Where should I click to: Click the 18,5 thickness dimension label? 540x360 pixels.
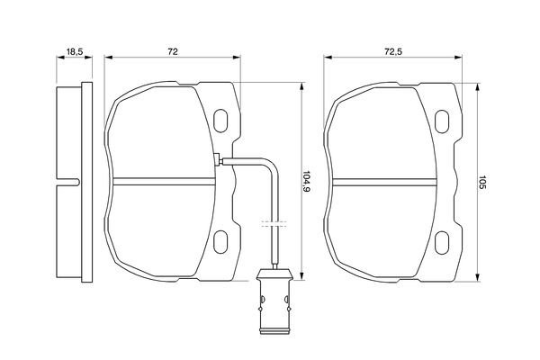click(x=75, y=52)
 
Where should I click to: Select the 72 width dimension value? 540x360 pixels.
click(x=172, y=52)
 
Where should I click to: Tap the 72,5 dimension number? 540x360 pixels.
click(x=393, y=52)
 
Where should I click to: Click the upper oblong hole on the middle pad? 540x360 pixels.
click(x=220, y=121)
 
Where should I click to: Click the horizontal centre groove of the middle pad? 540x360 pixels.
click(x=162, y=175)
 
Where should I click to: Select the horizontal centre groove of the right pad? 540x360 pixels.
click(x=387, y=175)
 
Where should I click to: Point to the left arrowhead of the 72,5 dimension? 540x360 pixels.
click(x=327, y=59)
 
